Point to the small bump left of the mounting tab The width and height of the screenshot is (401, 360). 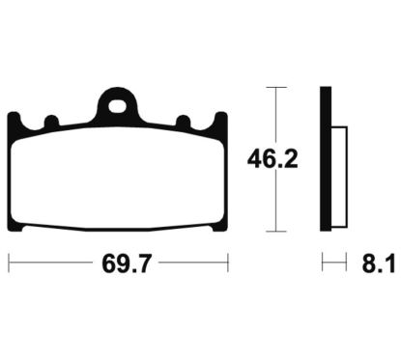click(52, 121)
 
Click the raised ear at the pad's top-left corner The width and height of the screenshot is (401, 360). click(14, 119)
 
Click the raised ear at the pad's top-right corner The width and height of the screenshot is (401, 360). click(221, 119)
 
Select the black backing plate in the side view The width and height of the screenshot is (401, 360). click(326, 159)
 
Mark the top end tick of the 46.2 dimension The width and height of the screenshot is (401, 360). click(277, 88)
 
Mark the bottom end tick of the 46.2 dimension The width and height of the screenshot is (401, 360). click(277, 231)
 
